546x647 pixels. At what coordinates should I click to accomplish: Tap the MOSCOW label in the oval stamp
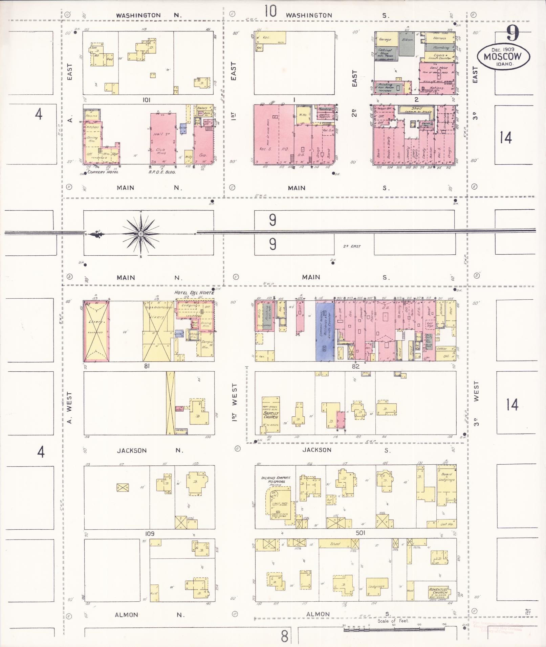[x=502, y=56]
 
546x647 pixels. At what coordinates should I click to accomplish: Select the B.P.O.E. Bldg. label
[x=164, y=172]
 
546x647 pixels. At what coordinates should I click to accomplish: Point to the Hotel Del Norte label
[x=194, y=293]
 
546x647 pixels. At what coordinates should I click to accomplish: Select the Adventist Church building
[x=438, y=591]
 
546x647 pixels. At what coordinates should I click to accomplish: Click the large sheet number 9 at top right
[x=512, y=34]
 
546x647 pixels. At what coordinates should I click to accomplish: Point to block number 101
[x=146, y=100]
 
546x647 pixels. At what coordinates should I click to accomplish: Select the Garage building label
[x=385, y=40]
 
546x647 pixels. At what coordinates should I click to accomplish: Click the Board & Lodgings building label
[x=446, y=477]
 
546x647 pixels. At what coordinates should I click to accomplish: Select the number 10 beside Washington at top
[x=270, y=11]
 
